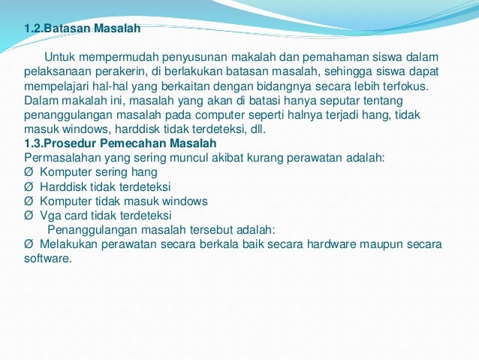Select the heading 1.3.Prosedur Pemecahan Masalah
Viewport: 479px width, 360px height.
pos(120,143)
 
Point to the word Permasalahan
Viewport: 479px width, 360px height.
pos(63,157)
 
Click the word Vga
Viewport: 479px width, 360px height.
pos(51,215)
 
